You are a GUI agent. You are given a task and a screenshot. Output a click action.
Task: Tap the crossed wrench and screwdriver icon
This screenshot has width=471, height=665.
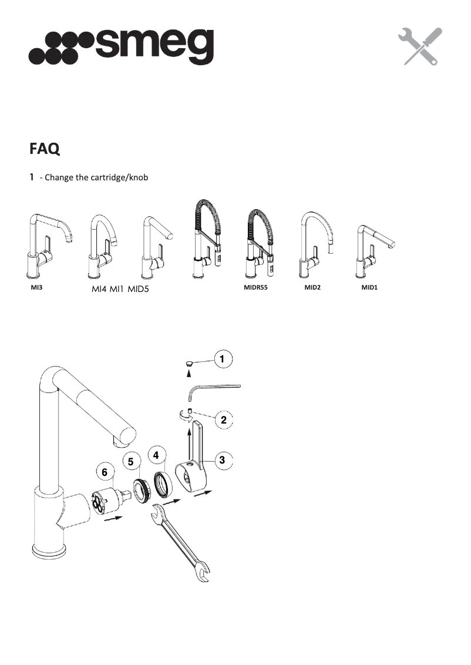pos(419,46)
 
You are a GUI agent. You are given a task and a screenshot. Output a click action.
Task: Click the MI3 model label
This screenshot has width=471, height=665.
pos(36,288)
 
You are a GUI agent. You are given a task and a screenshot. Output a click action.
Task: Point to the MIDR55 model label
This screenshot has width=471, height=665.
pos(255,288)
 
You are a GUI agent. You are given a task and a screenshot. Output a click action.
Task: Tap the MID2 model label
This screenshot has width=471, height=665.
pos(312,288)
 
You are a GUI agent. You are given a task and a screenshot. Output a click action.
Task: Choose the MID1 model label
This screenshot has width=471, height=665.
pos(369,288)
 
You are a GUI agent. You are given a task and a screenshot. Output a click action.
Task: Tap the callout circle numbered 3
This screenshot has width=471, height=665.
pos(222,461)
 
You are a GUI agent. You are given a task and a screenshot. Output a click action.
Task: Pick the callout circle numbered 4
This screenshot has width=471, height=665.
pos(156,455)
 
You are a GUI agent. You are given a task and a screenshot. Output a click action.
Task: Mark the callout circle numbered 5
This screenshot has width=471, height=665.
pos(131,462)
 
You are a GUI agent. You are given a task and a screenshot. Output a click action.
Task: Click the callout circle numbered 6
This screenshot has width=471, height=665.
pos(105,472)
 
